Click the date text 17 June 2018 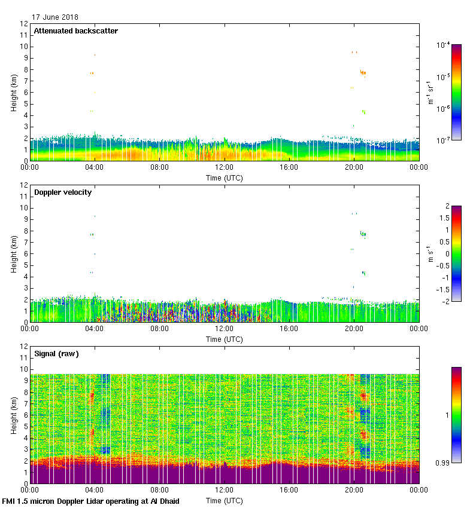point(55,17)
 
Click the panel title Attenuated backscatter point(75,31)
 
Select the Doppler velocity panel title point(62,192)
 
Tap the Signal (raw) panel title point(56,354)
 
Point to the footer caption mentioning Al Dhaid point(91,501)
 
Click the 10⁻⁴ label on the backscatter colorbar point(443,45)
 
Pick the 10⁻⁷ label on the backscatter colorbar point(443,140)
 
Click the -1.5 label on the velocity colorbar point(442,289)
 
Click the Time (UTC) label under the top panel point(225,178)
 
